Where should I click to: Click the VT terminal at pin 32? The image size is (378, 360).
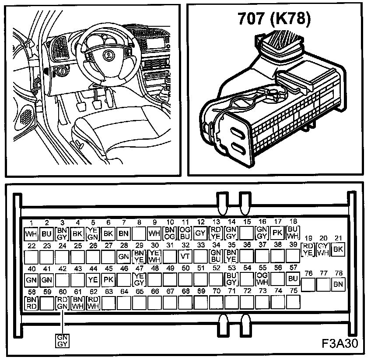coord(185,256)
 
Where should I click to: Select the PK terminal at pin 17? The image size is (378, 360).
coord(277,233)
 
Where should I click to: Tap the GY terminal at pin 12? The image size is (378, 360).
coord(200,233)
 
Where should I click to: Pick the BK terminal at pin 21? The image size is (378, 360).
coord(338,250)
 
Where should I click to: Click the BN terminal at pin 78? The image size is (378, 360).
coord(338,285)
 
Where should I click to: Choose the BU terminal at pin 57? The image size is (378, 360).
coord(293,279)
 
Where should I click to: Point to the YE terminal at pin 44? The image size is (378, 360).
coord(92,279)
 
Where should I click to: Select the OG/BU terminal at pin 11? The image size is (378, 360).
coord(185,233)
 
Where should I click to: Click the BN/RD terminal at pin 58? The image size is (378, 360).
coord(31,302)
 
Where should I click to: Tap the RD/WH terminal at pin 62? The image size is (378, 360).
coord(93,302)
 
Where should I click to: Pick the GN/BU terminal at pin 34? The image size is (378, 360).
coord(216,256)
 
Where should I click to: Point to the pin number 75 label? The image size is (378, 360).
coord(294,290)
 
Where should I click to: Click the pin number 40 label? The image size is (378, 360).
coord(31,268)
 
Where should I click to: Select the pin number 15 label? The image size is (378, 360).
coord(247,222)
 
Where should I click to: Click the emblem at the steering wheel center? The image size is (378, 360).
coord(106,55)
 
